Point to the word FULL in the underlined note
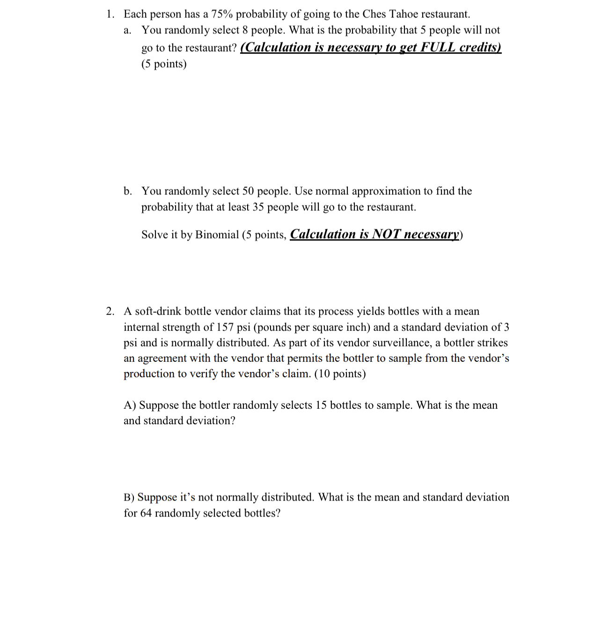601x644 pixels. coord(438,47)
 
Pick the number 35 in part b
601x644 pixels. coord(258,207)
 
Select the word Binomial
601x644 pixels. coord(217,235)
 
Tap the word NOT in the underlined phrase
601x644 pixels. coord(386,234)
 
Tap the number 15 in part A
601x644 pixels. coord(321,405)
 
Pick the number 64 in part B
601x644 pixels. coord(146,513)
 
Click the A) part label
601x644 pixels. coord(130,405)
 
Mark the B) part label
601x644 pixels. coord(129,497)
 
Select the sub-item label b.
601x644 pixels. coord(127,191)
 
